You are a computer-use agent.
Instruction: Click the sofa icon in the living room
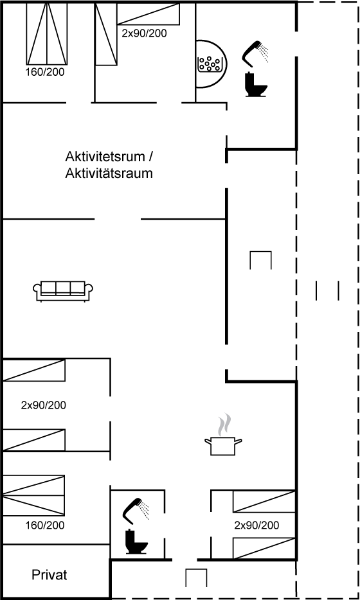(63, 291)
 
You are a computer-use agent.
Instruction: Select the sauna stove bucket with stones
(210, 64)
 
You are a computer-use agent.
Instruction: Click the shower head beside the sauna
(255, 53)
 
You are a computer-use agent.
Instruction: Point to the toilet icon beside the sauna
(256, 85)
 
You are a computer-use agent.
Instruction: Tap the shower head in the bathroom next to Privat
(135, 511)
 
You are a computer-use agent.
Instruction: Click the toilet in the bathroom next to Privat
(136, 541)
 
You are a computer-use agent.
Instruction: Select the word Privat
(50, 575)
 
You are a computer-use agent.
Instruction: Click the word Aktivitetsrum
(105, 157)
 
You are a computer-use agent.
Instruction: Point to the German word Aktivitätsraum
(109, 173)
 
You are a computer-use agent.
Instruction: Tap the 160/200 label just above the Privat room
(45, 525)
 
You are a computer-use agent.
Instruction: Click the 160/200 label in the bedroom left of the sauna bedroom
(45, 71)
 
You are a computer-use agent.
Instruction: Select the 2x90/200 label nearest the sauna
(145, 33)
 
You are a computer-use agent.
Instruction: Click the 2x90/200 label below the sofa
(43, 405)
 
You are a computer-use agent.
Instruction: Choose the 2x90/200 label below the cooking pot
(256, 525)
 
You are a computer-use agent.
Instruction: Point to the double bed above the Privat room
(33, 495)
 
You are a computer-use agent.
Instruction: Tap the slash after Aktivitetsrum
(151, 157)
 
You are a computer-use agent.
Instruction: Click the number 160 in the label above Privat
(33, 525)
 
